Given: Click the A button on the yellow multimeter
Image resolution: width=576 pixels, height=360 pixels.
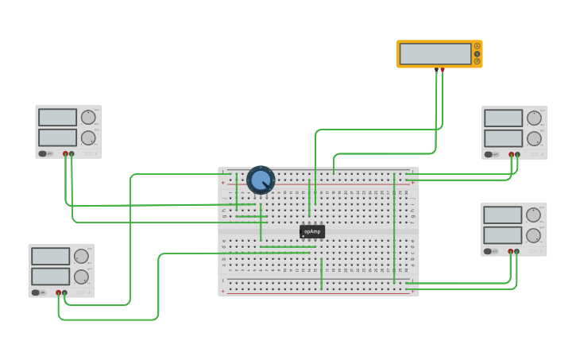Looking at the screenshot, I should click(477, 46).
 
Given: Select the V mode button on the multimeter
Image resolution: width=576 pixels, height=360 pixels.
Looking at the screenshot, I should click(477, 54).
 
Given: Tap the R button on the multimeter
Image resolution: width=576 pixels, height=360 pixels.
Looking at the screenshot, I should click(477, 61).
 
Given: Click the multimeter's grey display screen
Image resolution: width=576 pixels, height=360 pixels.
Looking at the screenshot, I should click(435, 54).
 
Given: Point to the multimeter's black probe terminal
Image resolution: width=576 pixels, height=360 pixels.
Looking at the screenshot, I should click(436, 69).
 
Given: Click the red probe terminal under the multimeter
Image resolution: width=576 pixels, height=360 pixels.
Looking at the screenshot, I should click(443, 69).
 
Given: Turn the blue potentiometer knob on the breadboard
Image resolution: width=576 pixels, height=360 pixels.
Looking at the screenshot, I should click(261, 180).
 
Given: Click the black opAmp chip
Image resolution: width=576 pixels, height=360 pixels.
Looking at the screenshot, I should click(312, 231).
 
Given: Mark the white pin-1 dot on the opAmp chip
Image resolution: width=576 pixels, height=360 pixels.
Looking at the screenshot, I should click(303, 236).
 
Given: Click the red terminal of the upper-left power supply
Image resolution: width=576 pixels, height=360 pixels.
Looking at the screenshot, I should click(65, 153).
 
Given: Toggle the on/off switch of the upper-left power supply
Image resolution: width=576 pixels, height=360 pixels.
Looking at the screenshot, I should click(47, 153).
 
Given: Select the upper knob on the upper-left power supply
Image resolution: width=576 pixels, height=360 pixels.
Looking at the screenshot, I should click(87, 118).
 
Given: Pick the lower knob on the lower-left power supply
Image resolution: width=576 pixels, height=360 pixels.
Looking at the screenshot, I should click(81, 277).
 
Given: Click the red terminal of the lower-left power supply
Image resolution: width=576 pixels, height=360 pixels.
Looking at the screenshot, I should click(58, 292).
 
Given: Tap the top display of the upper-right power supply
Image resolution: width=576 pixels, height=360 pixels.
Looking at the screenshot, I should click(503, 118).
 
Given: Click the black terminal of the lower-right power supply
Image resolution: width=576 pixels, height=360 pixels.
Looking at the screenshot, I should click(516, 251).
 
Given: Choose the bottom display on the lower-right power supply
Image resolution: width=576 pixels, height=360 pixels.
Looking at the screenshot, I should click(502, 235).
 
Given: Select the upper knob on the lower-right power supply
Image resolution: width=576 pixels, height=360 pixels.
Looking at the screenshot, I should click(533, 215).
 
